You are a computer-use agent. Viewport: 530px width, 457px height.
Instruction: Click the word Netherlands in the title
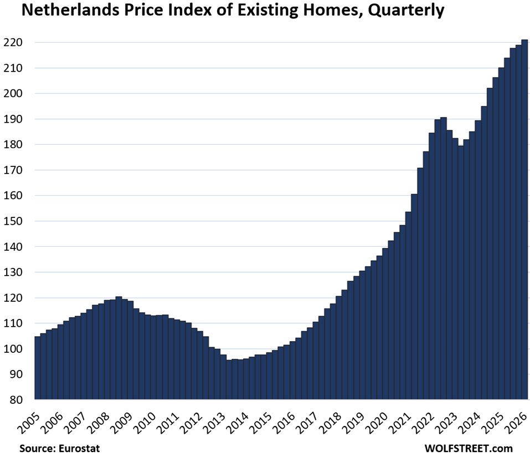tap(70, 9)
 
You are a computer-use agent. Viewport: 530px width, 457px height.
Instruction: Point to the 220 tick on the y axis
tap(13, 42)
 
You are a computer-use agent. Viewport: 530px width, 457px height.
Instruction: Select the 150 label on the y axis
tap(13, 221)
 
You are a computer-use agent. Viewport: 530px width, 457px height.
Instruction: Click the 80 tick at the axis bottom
tap(16, 399)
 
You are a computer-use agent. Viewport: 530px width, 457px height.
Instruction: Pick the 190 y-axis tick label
tap(13, 119)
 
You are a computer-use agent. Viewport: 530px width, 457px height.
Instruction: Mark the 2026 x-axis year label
tap(515, 423)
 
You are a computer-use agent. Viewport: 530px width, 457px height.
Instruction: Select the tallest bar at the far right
tap(524, 220)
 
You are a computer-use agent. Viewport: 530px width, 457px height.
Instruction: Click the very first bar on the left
tap(38, 368)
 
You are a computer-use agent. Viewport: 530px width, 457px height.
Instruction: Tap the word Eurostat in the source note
tap(79, 449)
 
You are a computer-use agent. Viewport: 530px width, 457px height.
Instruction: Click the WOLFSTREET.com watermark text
tap(469, 449)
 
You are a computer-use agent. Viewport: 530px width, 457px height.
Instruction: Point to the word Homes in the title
tap(333, 9)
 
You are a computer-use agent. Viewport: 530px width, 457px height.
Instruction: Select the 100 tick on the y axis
tap(13, 349)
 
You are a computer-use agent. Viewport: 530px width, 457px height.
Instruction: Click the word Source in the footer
tap(37, 449)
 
